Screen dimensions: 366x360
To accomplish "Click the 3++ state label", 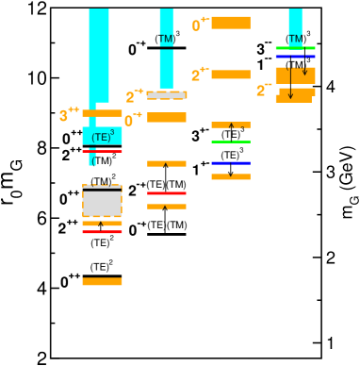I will (69, 115).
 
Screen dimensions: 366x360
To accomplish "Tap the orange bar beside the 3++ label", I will (102, 113).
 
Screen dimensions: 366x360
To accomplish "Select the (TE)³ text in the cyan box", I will (102, 137).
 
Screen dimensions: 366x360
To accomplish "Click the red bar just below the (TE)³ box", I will (102, 151).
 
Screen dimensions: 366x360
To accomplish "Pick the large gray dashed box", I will (102, 204).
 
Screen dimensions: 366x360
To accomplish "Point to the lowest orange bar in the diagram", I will (102, 281).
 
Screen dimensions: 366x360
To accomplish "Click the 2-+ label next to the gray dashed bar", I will (135, 96).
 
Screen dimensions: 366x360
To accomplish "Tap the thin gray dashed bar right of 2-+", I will (167, 95).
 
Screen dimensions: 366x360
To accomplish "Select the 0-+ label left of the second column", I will (133, 120).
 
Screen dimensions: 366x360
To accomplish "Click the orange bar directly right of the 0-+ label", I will (167, 118).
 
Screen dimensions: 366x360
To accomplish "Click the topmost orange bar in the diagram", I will (231, 23).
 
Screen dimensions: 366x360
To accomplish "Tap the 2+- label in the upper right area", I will (200, 75).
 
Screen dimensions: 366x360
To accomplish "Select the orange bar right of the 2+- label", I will (231, 75).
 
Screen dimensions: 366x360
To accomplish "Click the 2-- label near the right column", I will (264, 91).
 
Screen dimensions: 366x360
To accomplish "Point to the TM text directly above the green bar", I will (295, 39).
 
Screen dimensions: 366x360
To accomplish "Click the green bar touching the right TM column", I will (295, 48).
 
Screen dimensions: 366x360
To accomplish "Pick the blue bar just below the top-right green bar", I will (295, 57).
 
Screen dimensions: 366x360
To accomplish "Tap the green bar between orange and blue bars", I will (231, 141).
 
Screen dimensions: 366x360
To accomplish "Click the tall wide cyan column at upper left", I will (99, 52).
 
